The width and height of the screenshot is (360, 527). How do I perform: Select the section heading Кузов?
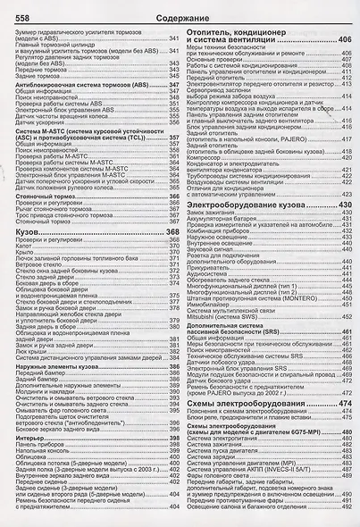(29, 232)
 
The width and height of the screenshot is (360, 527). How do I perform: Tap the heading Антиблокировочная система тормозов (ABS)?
(83, 83)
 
